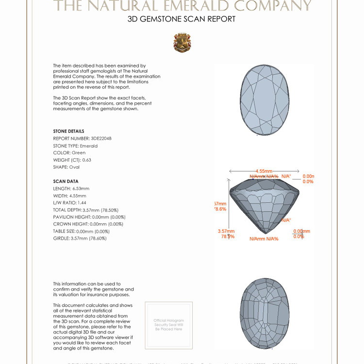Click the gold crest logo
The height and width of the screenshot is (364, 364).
click(182, 43)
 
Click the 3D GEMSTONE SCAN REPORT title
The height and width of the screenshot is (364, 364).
click(182, 19)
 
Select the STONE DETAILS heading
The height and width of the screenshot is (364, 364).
click(68, 131)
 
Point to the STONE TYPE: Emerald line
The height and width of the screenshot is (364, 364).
click(75, 146)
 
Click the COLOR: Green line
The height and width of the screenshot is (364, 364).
click(69, 153)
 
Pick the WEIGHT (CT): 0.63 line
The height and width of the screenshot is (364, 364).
click(72, 160)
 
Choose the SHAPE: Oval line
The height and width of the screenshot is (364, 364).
click(66, 167)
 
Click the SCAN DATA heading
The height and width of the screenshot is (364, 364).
click(66, 182)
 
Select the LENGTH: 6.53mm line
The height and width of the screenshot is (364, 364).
click(71, 188)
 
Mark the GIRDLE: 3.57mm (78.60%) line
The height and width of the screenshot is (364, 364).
click(80, 238)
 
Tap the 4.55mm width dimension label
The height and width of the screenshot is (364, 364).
click(265, 171)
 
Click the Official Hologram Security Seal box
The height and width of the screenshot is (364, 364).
click(168, 325)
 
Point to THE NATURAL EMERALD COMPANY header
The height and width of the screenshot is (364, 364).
click(182, 6)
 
